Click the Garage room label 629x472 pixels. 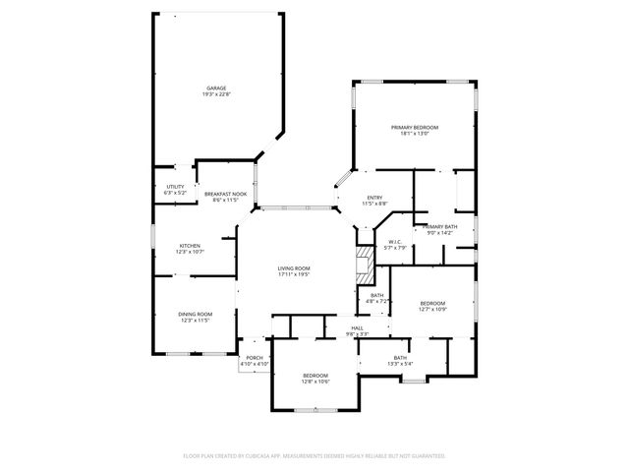pos(216,88)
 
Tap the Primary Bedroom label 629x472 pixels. pos(414,128)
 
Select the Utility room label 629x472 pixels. pos(175,187)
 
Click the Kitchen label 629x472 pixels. pos(190,246)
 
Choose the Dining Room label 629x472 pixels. pos(195,314)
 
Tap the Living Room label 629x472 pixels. pos(293,268)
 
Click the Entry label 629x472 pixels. pos(374,198)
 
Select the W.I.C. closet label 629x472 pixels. pos(394,241)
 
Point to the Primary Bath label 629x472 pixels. pos(439,227)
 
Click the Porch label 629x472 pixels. pos(254,357)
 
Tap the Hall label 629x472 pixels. pos(358,327)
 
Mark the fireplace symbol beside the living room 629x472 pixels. pos(365,260)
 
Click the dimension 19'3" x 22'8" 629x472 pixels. pos(216,94)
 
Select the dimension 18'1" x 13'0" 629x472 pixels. pos(414,135)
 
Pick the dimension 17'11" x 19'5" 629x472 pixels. pos(293,275)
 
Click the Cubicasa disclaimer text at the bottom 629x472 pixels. pos(314,456)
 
